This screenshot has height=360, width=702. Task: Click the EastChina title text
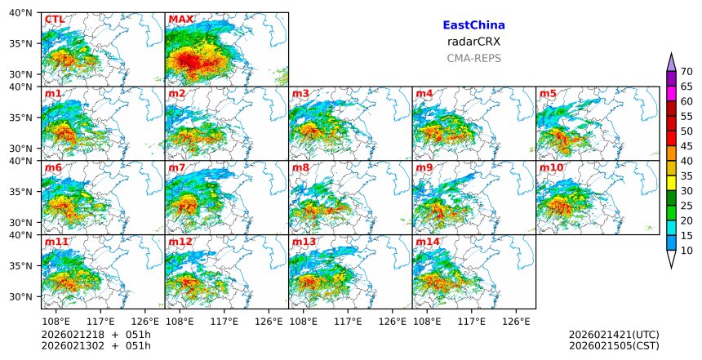pos(473,25)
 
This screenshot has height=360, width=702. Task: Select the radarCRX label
pos(473,42)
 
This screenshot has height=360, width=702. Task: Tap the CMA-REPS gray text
pos(473,58)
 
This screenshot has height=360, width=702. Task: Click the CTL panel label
pos(55,19)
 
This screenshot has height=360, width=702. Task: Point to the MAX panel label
pos(180,19)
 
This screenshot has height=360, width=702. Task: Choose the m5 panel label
pos(548,93)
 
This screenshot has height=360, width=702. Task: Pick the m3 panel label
pos(300,93)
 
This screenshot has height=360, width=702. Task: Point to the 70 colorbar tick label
pos(686,71)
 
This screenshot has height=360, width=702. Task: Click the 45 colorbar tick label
pos(686,145)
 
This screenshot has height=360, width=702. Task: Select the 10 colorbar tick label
pos(686,251)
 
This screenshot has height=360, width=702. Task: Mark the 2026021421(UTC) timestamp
pos(614,335)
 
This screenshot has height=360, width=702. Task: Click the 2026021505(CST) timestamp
pos(614,346)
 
